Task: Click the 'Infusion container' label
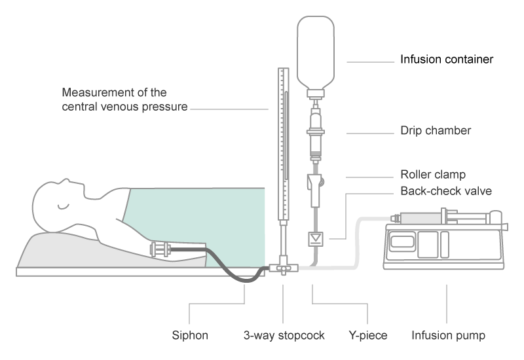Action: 447,60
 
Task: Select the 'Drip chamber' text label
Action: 436,131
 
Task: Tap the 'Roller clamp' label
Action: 433,175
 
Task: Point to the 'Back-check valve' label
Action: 445,191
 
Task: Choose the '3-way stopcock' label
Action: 283,336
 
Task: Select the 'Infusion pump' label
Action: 448,336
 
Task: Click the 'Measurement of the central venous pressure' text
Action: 124,99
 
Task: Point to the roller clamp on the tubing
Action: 316,183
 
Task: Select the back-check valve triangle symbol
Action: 318,236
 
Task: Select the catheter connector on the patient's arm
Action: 160,249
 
